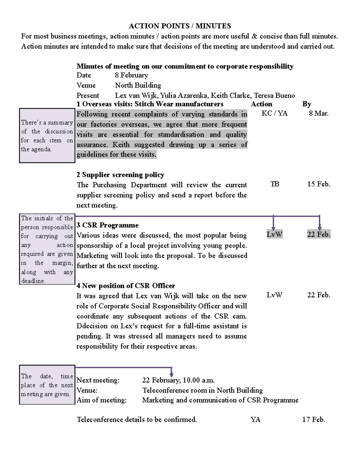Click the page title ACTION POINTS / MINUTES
[180, 26]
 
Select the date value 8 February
[131, 75]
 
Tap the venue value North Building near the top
[138, 86]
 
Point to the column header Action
[261, 104]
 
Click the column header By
[307, 104]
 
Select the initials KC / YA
[274, 113]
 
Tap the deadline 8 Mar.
[319, 113]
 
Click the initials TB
[274, 184]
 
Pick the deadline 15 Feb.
[319, 184]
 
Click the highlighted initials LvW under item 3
[274, 234]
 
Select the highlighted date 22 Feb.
[319, 234]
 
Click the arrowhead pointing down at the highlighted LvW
[273, 228]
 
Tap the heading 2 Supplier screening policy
[120, 175]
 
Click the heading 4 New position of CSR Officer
[126, 286]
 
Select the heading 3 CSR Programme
[107, 225]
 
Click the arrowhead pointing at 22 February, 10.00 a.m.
[172, 375]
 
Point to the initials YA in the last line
[255, 419]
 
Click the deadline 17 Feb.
[313, 419]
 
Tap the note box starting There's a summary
[47, 136]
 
